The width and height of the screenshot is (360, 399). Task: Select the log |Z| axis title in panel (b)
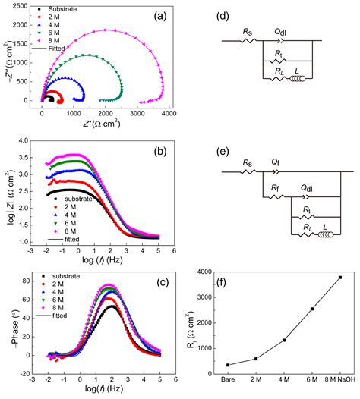8,184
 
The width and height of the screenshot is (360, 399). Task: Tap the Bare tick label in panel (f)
227,379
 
